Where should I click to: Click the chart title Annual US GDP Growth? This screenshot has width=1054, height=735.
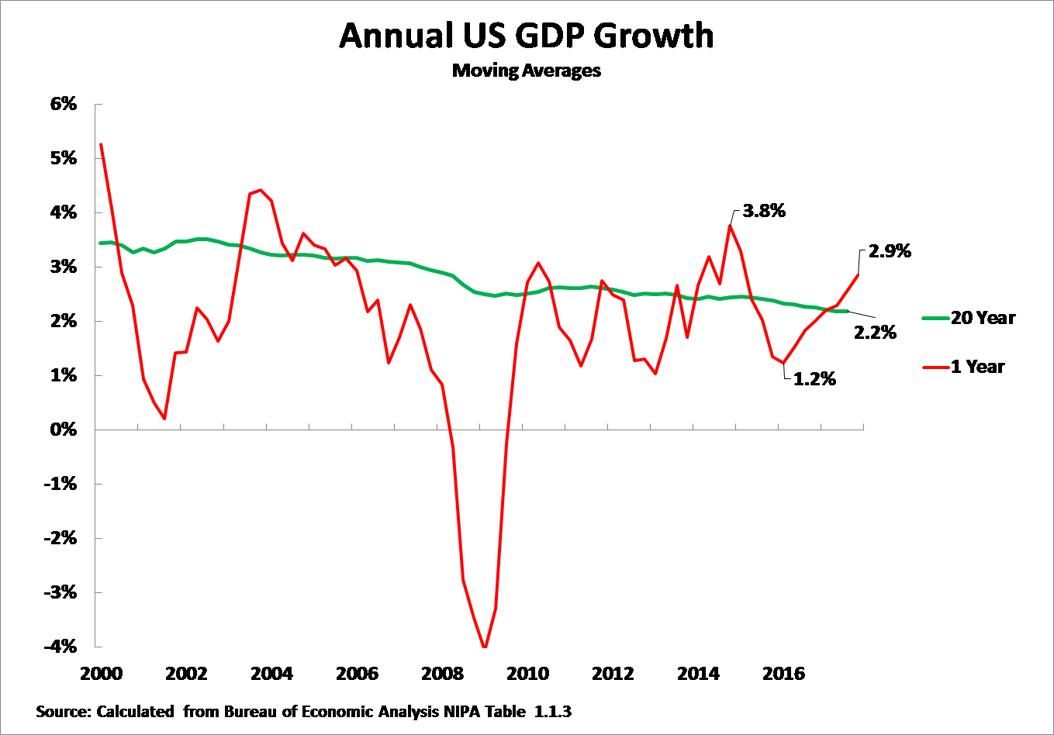(527, 36)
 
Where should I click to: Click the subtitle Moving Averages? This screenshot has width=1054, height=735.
(527, 71)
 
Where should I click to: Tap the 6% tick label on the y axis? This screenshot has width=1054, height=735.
(64, 104)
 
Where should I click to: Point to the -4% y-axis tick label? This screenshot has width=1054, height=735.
(61, 647)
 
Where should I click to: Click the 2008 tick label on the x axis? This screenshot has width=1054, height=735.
(442, 673)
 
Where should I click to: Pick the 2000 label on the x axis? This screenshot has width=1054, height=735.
(102, 673)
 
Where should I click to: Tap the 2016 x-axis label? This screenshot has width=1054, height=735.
(783, 673)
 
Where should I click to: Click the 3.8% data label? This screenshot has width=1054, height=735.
(764, 210)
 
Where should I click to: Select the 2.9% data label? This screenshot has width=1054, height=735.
(890, 251)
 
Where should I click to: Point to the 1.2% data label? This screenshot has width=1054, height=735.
(814, 379)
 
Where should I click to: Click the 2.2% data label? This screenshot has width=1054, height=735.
(875, 333)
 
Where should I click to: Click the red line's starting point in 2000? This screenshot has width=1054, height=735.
(102, 145)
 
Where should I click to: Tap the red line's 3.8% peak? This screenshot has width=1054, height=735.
(730, 226)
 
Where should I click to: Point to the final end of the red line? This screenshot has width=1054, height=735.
(859, 274)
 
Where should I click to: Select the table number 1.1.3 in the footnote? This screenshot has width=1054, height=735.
(553, 711)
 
